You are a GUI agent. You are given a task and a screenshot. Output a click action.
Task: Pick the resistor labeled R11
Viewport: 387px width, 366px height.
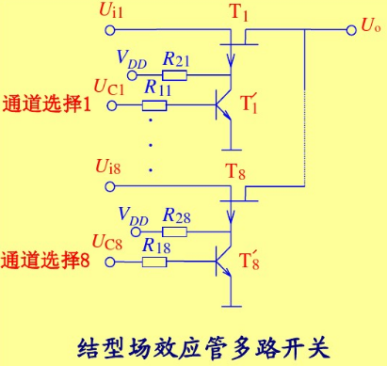pyautogui.click(x=156, y=103)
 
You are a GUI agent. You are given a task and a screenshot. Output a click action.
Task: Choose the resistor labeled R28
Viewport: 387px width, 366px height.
pyautogui.click(x=174, y=231)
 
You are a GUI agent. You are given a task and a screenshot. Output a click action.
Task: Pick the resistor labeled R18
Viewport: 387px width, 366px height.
pyautogui.click(x=156, y=260)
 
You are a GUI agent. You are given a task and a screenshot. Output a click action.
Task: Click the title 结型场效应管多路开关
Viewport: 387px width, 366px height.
pyautogui.click(x=202, y=342)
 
